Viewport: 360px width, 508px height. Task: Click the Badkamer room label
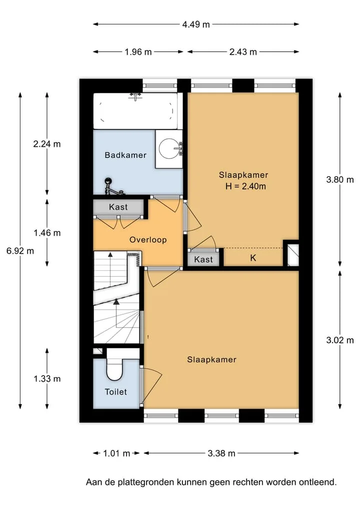point(125,155)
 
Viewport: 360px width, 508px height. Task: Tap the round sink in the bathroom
point(169,149)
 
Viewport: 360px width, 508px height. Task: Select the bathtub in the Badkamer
point(135,111)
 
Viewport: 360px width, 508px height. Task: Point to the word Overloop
point(148,240)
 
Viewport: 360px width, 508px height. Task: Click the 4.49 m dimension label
point(196,24)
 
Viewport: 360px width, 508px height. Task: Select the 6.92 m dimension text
point(20,251)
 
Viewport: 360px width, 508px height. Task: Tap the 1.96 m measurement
point(138,52)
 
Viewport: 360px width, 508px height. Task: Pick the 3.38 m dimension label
point(221,453)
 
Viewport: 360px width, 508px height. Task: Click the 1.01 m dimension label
point(116,453)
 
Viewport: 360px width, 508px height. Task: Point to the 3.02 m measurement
point(340,340)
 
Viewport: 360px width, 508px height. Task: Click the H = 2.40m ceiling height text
point(246,186)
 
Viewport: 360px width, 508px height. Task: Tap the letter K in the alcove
point(253,258)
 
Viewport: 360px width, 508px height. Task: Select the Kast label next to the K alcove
point(203,260)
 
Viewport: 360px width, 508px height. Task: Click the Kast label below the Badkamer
point(118,207)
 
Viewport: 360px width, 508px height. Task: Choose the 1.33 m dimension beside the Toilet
point(47,379)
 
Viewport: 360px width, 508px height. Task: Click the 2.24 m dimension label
point(47,144)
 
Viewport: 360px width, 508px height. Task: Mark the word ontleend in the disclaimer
point(317,482)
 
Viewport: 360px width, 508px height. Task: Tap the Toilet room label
point(116,392)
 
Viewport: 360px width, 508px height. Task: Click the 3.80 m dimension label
point(340,179)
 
